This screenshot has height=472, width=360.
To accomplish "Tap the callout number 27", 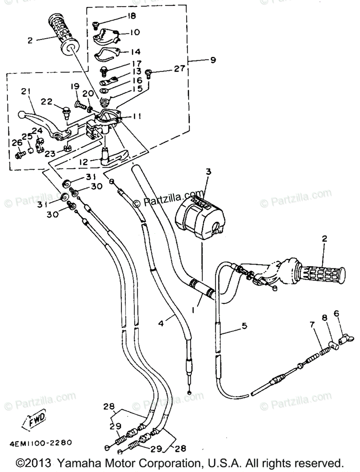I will [x=179, y=69].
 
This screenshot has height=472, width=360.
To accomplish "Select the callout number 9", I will [x=213, y=60].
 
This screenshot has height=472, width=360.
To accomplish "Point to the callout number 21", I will [x=26, y=92].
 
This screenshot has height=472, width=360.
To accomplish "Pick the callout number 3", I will [x=208, y=171].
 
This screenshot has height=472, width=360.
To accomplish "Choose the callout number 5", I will [x=244, y=325].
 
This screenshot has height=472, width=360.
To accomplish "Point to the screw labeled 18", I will [x=95, y=26].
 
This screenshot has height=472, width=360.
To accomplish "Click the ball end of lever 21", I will [x=22, y=115].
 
